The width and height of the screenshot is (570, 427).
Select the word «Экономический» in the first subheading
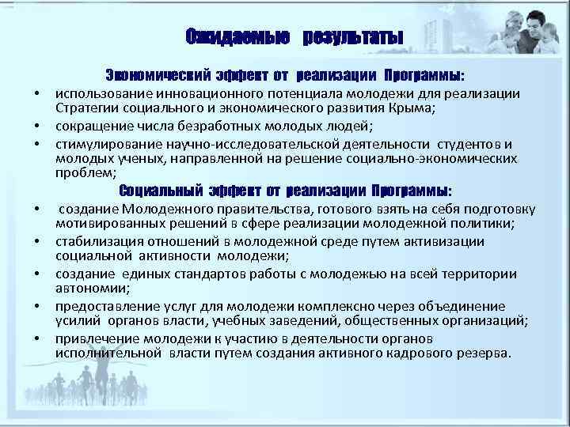click(x=154, y=77)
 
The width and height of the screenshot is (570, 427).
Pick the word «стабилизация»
click(x=98, y=241)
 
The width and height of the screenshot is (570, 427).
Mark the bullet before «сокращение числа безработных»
click(x=36, y=127)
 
